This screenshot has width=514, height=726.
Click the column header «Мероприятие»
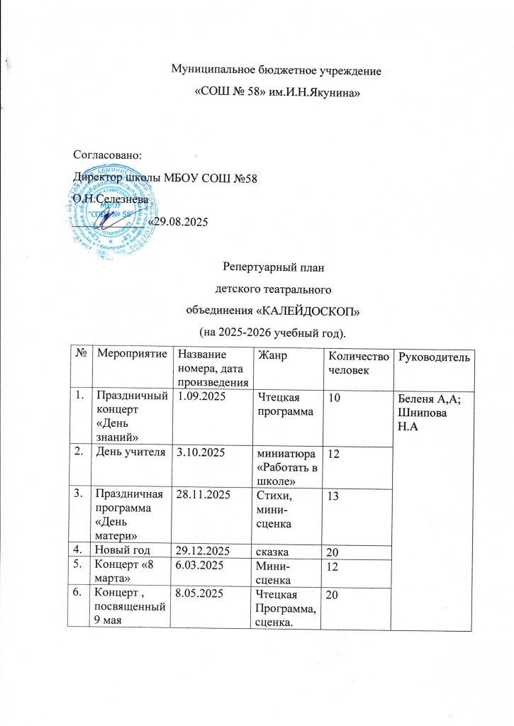[x=133, y=354]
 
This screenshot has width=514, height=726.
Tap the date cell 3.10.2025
[x=202, y=452]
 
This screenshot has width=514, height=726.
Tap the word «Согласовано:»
[x=108, y=154]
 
